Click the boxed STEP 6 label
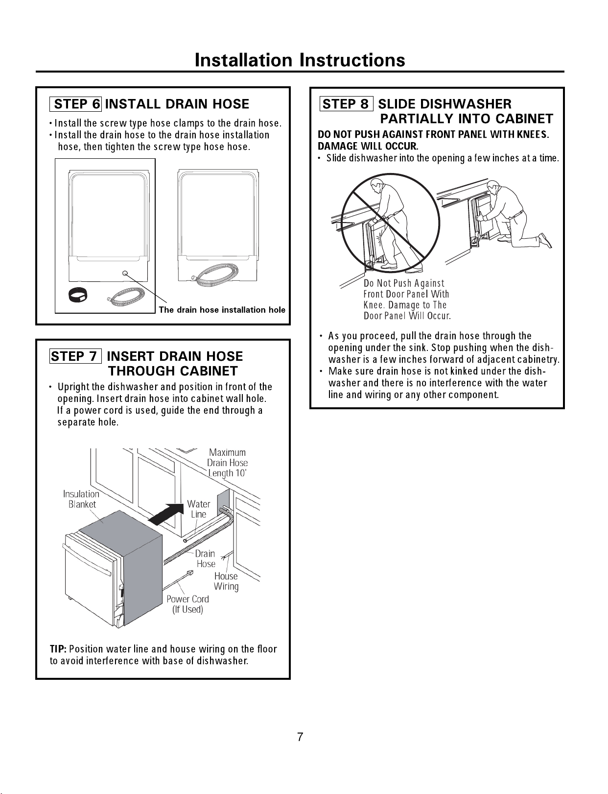76,104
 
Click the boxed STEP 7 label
75,356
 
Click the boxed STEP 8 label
346,104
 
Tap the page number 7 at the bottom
300,737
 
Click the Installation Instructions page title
300,60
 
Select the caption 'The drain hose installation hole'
222,310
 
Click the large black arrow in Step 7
166,514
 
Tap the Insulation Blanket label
81,499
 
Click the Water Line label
199,509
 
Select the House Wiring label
226,581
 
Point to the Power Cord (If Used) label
187,604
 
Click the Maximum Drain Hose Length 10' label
227,463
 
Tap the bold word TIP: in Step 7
58,649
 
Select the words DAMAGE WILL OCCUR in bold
368,146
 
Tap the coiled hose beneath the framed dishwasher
126,295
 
